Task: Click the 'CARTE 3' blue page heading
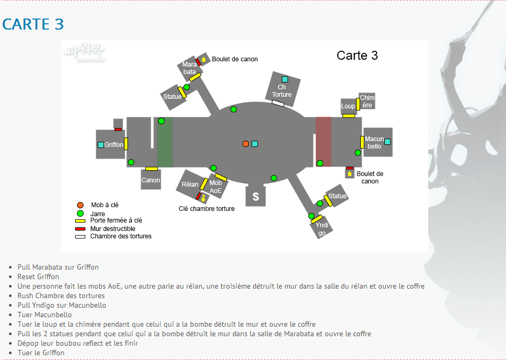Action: (x=33, y=24)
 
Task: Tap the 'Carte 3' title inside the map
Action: (x=357, y=56)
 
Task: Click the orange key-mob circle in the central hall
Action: (x=245, y=144)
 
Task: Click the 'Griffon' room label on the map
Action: (x=113, y=144)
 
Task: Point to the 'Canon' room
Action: (x=151, y=180)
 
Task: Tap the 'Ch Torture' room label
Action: (x=282, y=91)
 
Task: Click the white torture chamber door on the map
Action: (x=278, y=103)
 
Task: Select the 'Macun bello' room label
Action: (x=374, y=143)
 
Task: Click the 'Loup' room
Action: (x=348, y=106)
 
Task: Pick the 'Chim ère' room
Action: (x=367, y=101)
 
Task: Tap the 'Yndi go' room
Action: (x=322, y=229)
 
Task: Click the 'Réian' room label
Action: (x=190, y=184)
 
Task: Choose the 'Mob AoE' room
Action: (x=216, y=187)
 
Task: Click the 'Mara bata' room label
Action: (x=189, y=68)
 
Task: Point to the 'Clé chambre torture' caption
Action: (x=206, y=209)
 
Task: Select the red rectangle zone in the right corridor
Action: (x=323, y=142)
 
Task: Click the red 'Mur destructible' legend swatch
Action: (x=80, y=228)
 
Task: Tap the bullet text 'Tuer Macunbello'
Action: (x=44, y=315)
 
